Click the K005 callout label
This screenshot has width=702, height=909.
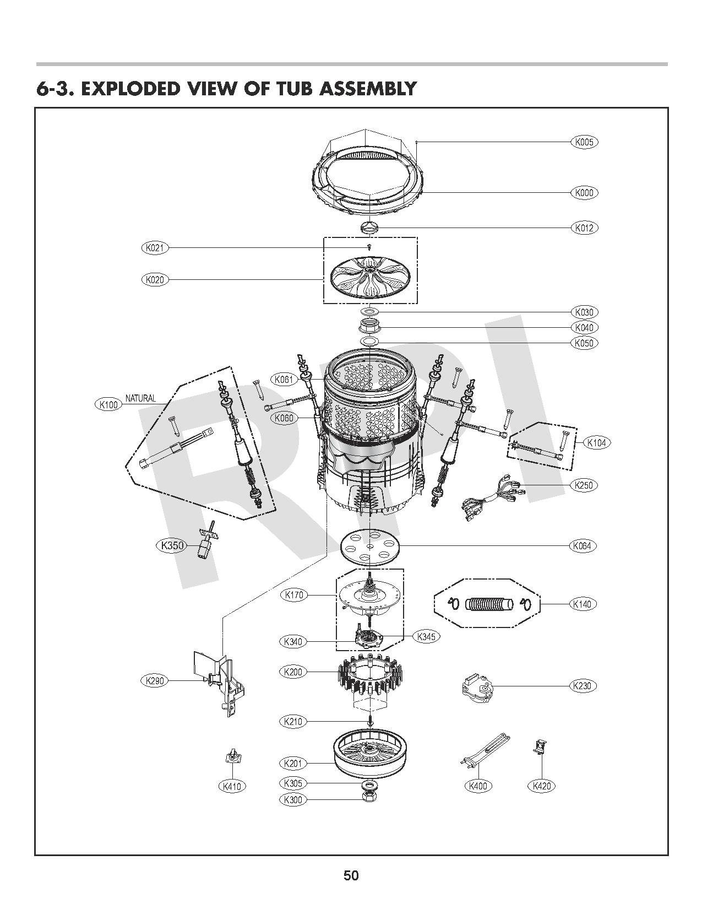coord(584,142)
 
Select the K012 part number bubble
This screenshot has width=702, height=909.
coord(584,228)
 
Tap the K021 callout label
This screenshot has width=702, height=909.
coord(155,248)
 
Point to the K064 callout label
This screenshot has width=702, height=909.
coord(582,546)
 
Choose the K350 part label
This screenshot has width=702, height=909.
coord(171,546)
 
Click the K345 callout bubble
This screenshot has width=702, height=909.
coord(426,637)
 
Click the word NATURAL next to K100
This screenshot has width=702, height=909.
coord(140,398)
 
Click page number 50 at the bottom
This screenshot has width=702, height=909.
coord(351,875)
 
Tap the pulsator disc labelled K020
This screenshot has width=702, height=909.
coord(369,279)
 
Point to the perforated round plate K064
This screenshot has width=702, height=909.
coord(370,547)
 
